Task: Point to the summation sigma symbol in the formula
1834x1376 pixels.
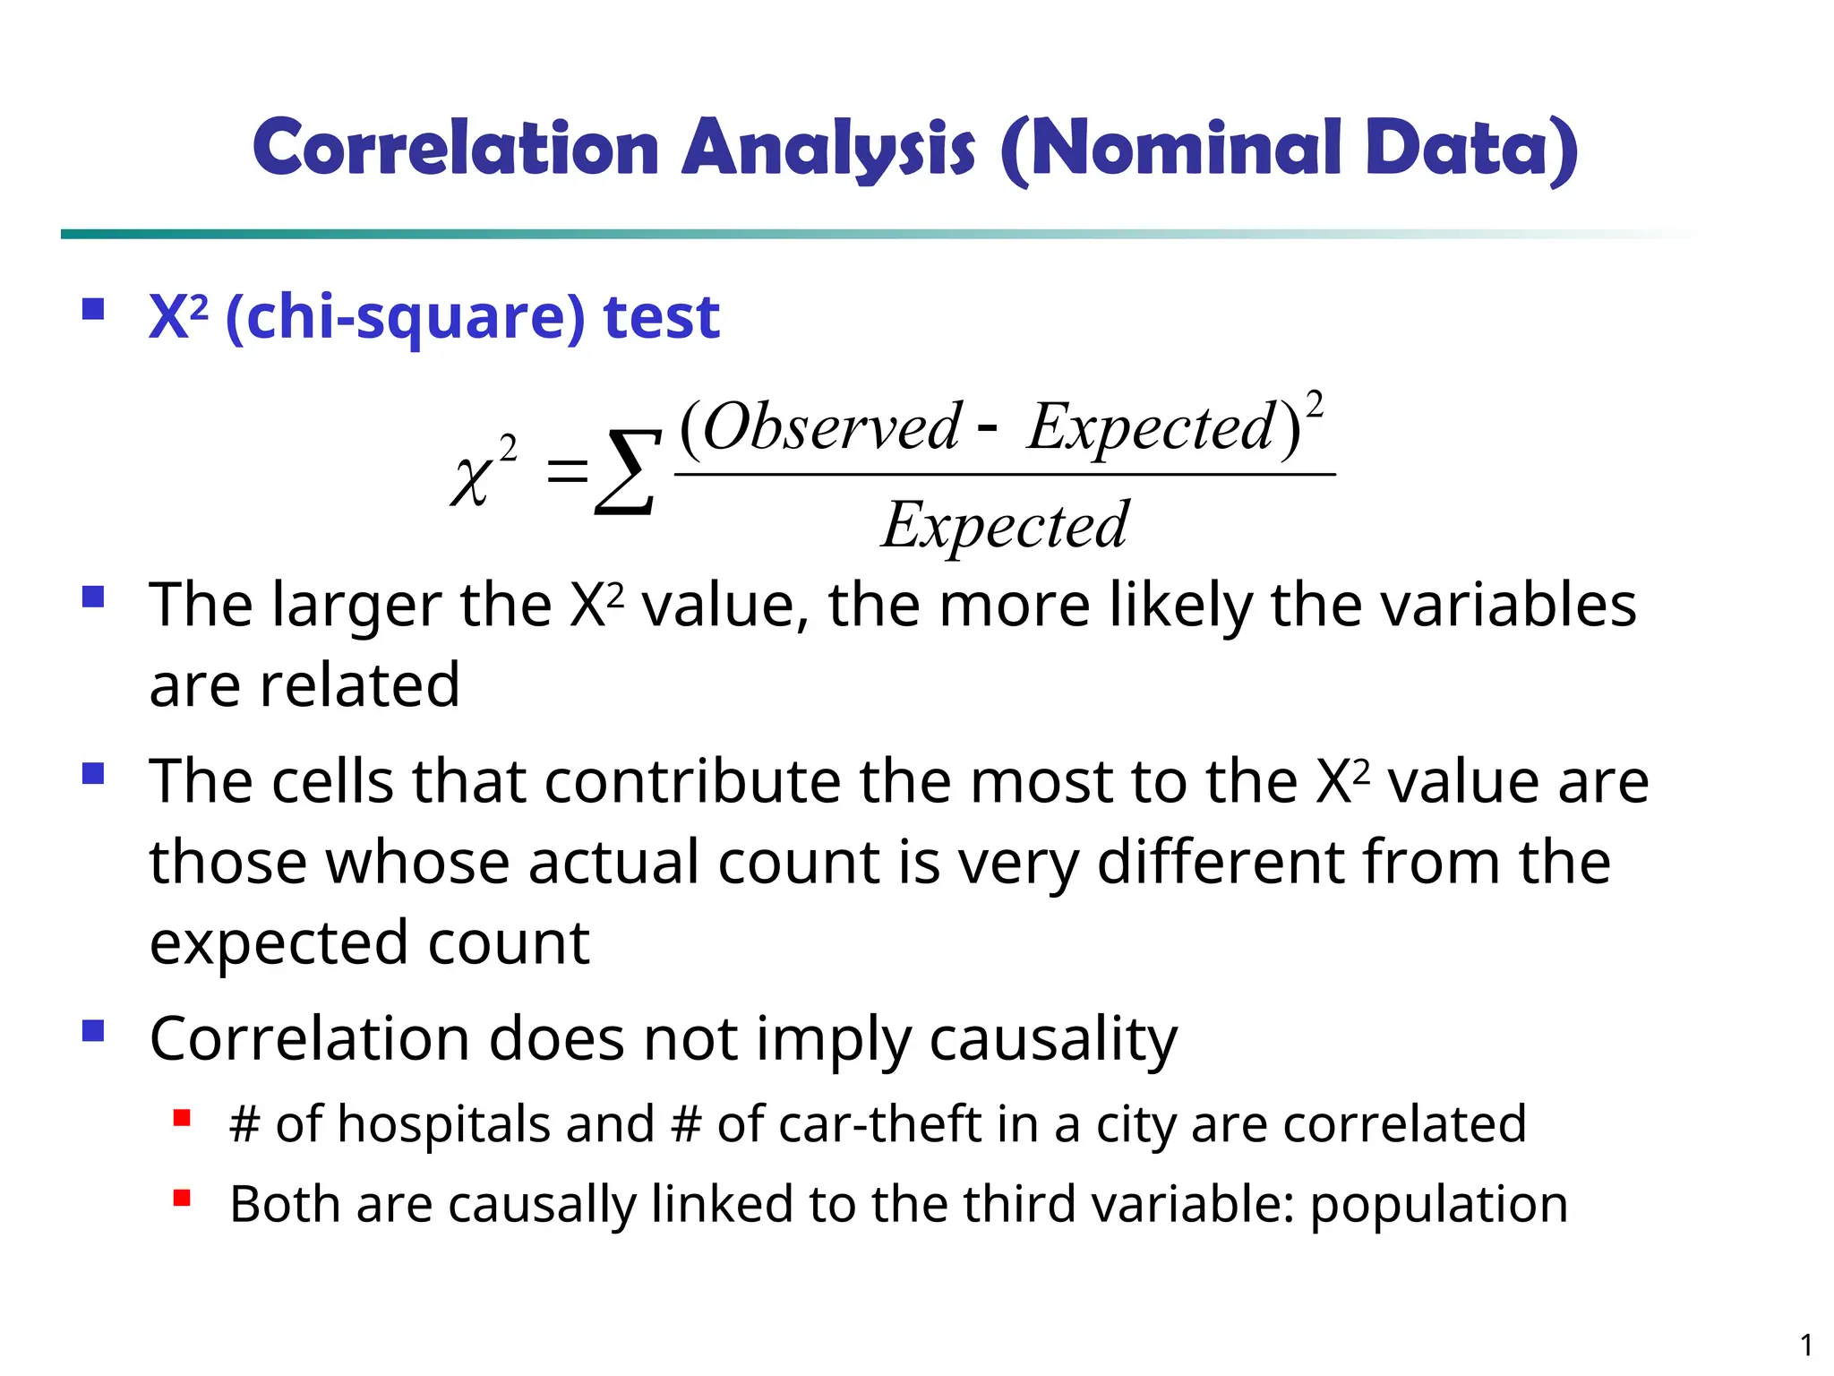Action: [x=628, y=472]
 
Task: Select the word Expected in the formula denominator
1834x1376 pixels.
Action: [x=1006, y=525]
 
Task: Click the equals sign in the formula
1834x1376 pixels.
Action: [x=568, y=471]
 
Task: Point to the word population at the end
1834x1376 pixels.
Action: [x=1439, y=1205]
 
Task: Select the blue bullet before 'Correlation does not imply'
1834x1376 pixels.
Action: [x=93, y=1031]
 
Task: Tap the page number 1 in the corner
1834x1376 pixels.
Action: [x=1806, y=1346]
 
